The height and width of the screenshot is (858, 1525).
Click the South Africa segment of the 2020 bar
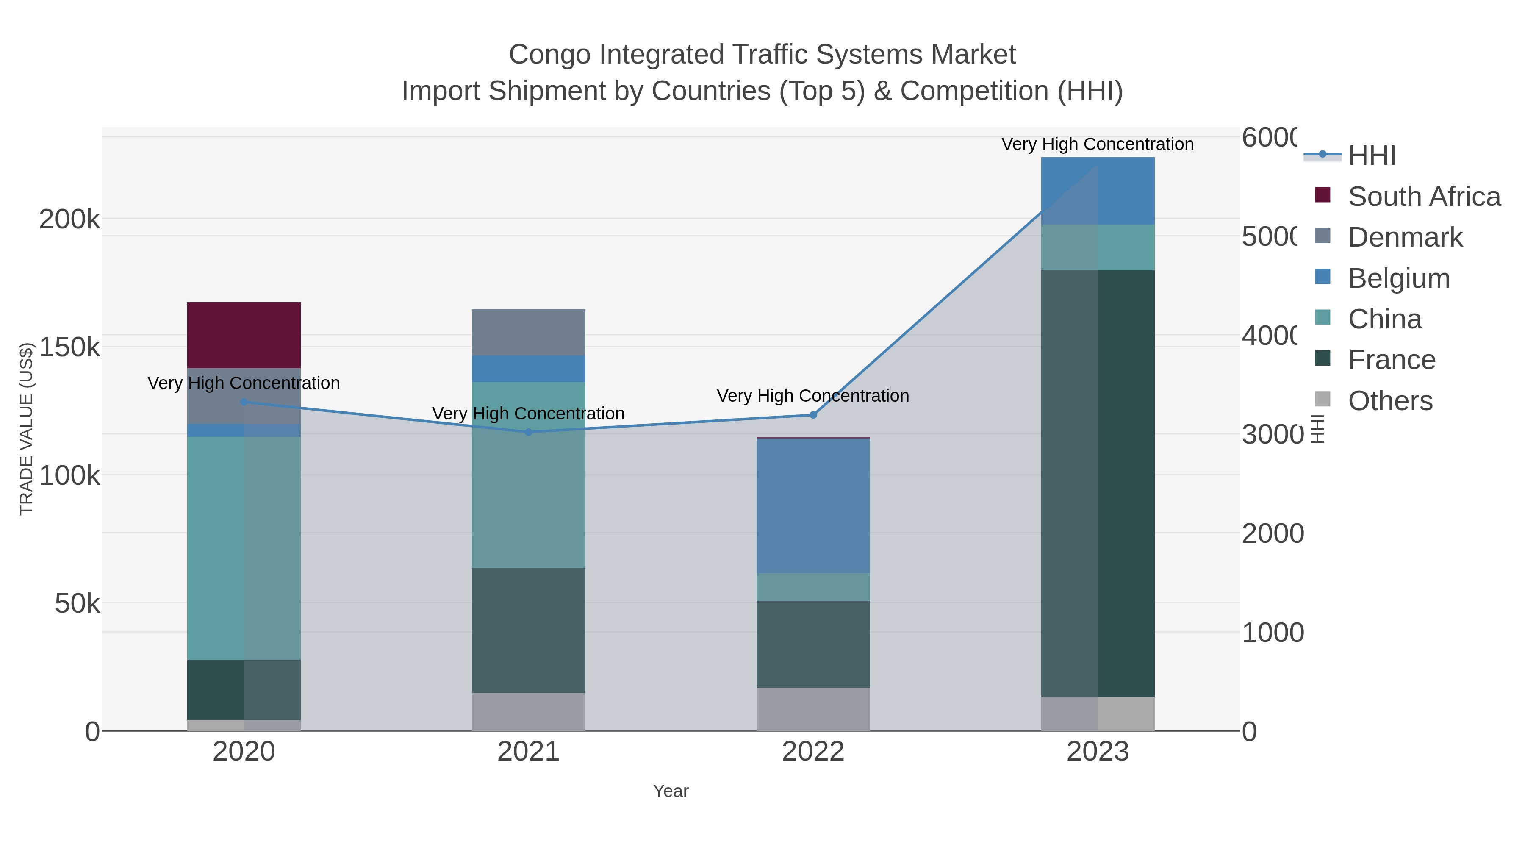(x=244, y=335)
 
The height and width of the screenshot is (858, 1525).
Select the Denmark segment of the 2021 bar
(x=528, y=332)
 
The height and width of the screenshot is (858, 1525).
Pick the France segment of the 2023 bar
(x=1098, y=483)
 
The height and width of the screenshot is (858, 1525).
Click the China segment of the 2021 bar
(x=528, y=475)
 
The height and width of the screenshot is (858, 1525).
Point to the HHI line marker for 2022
(x=813, y=415)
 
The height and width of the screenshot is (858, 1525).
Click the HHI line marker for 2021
(x=528, y=432)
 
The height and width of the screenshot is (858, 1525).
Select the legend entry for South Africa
(x=1424, y=197)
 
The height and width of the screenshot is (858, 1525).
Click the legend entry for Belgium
(x=1398, y=278)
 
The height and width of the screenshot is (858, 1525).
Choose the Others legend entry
(x=1389, y=401)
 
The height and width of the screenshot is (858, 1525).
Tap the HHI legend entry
(x=1372, y=156)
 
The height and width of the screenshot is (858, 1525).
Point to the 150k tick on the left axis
(x=69, y=347)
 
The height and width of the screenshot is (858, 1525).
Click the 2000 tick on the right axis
(x=1272, y=533)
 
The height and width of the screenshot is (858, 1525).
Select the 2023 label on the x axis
(x=1098, y=752)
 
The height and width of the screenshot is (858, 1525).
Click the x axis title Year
(x=670, y=791)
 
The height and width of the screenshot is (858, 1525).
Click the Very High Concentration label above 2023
(x=1097, y=144)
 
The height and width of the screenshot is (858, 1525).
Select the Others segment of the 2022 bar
(x=813, y=709)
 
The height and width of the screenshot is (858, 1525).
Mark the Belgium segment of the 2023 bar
(x=1098, y=191)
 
